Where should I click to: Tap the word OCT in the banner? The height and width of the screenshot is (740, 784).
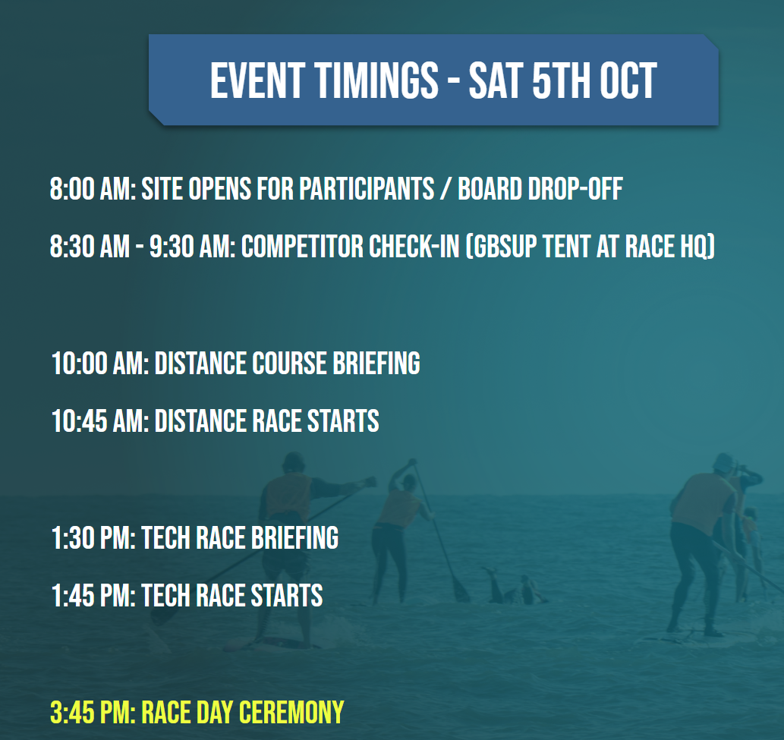pos(625,80)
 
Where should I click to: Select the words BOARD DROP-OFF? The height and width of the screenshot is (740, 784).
pos(540,189)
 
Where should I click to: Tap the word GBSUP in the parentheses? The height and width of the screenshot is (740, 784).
pos(507,247)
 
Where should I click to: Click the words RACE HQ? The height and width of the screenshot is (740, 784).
pos(672,247)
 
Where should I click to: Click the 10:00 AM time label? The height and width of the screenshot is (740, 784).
pos(99,364)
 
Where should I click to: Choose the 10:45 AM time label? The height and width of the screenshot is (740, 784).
pos(99,420)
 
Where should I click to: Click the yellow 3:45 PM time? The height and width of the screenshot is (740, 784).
pos(92,713)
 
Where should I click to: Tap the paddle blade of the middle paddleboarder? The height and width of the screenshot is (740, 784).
pos(459,589)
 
